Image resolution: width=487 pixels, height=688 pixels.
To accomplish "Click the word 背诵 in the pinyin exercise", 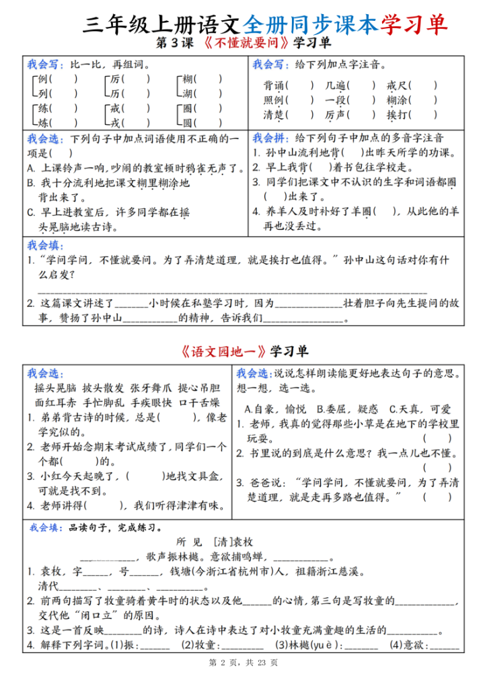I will [x=272, y=85].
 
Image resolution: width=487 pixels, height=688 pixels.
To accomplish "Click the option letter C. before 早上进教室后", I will [x=31, y=212].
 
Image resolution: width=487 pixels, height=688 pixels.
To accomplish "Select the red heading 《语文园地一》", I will [x=224, y=351].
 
